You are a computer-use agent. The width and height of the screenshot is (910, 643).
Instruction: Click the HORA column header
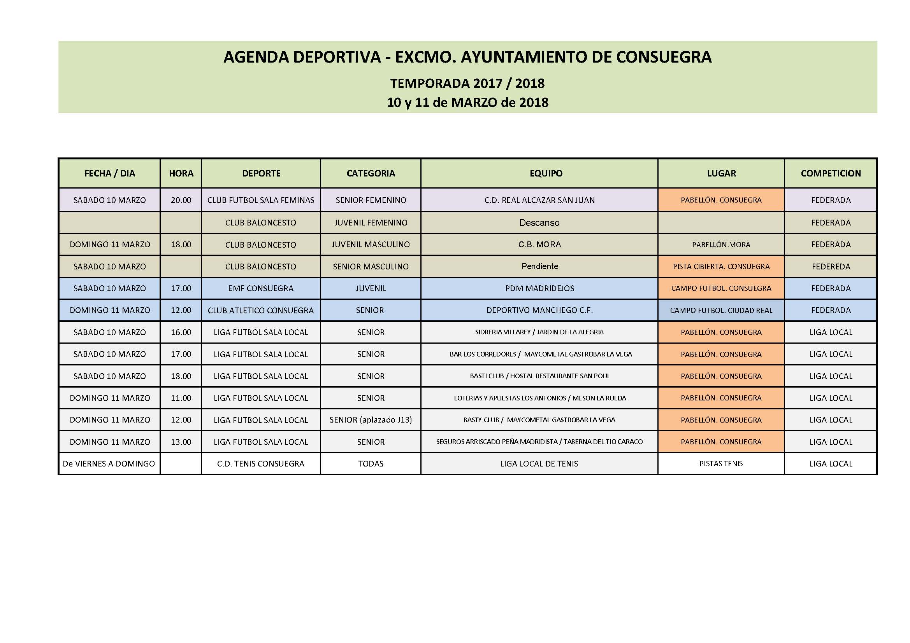[181, 173]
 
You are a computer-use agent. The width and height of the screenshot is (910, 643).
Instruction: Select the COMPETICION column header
[831, 173]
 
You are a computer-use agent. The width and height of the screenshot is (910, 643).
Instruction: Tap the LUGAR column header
[721, 173]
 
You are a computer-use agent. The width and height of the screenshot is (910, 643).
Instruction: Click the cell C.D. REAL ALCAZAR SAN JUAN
[539, 200]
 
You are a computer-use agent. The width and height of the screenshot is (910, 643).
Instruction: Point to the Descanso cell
[539, 223]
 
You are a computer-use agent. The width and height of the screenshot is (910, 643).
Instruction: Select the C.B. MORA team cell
[539, 245]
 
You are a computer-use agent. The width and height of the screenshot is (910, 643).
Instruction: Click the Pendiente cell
[539, 266]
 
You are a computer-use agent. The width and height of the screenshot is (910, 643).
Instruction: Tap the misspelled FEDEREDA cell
[831, 267]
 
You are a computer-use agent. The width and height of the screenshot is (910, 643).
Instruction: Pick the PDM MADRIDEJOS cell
[539, 288]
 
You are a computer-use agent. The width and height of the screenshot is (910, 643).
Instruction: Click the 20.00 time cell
[181, 200]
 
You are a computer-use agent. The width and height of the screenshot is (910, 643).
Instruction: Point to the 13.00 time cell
[181, 442]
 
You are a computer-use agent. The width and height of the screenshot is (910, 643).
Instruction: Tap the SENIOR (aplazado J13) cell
[371, 420]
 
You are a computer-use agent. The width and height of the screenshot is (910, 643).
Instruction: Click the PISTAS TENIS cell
[721, 464]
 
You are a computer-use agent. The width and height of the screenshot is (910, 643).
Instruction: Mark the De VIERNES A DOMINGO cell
[109, 464]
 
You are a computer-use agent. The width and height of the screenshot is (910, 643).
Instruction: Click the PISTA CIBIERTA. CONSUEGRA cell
[721, 267]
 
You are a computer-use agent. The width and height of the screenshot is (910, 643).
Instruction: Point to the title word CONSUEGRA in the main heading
[664, 58]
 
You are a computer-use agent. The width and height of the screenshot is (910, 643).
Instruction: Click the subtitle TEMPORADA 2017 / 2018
[467, 84]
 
